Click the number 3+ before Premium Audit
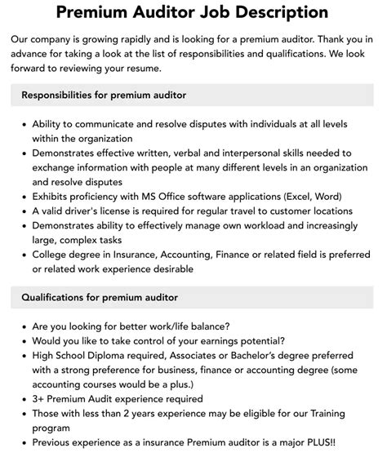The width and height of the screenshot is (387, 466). coord(39,399)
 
